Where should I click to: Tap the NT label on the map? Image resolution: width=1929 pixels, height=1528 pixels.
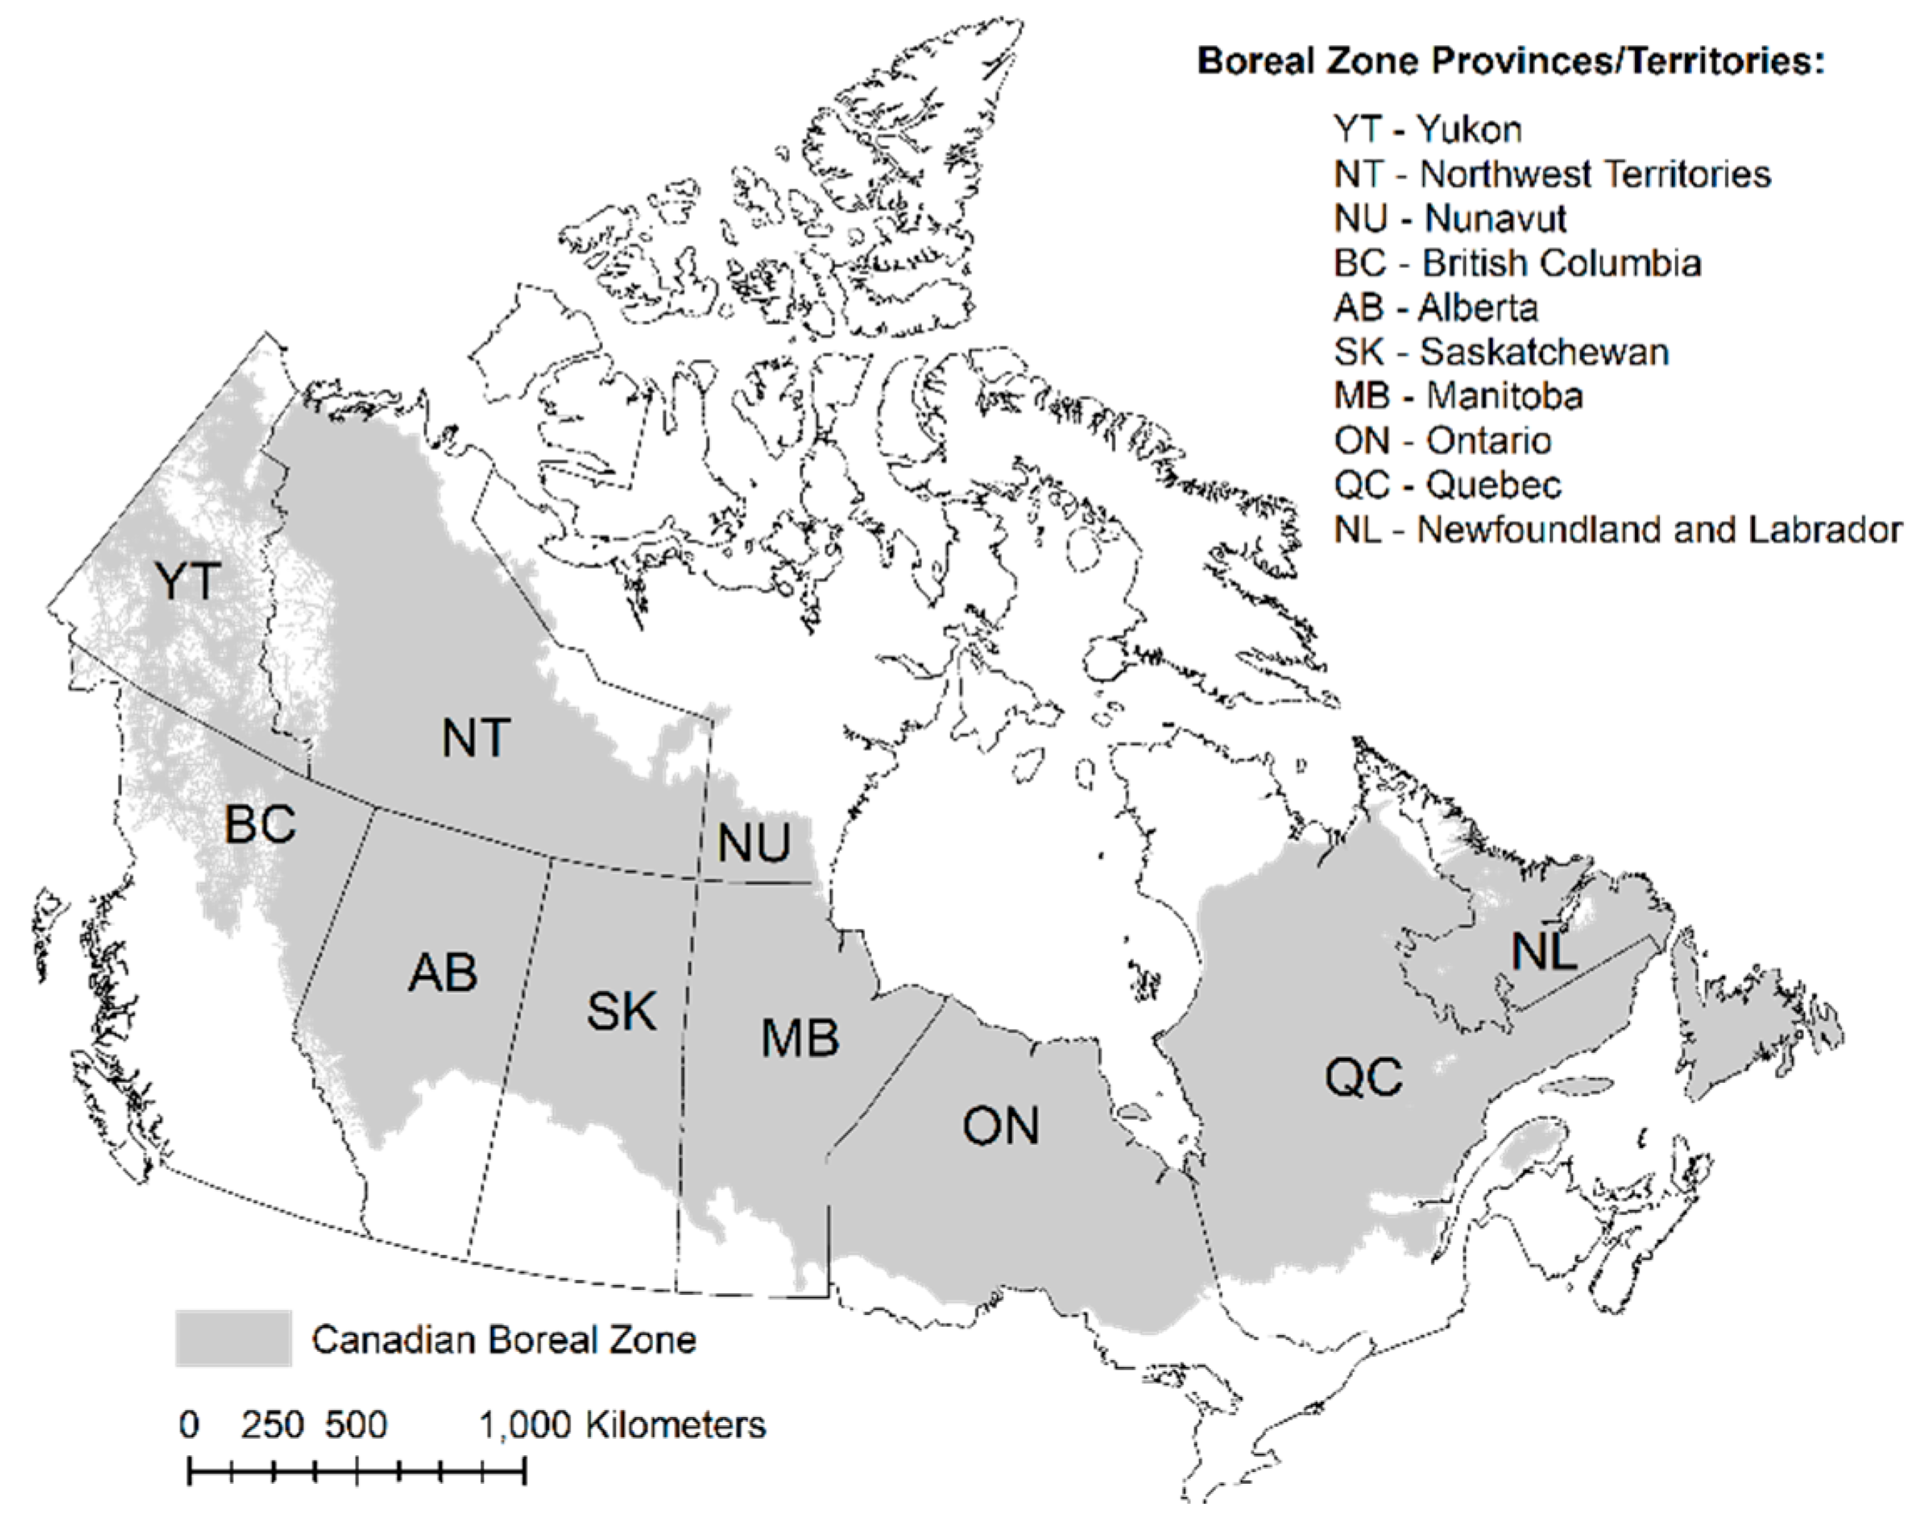tap(476, 738)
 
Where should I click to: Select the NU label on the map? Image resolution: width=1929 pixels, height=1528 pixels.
tap(754, 842)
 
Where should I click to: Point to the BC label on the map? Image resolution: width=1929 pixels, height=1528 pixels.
tap(260, 824)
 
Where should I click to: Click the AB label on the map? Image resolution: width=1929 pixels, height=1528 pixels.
tap(442, 973)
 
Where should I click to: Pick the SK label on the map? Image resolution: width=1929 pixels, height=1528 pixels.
tap(621, 1011)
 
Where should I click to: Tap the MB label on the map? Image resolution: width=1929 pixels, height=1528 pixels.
tap(800, 1038)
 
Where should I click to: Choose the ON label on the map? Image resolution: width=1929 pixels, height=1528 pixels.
tap(1000, 1126)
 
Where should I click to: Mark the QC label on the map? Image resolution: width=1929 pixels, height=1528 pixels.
tap(1364, 1076)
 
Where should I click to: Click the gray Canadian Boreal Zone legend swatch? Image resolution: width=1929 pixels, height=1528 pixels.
tap(234, 1338)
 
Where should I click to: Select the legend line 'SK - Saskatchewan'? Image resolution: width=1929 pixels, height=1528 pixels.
tap(1501, 352)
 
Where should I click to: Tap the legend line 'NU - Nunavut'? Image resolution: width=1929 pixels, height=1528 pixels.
tap(1451, 218)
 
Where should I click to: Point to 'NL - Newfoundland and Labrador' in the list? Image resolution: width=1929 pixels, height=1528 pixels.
tap(1618, 529)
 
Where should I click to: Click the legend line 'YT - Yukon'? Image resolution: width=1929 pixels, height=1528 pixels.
tap(1428, 129)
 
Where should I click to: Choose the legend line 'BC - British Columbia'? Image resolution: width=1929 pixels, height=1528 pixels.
tap(1517, 263)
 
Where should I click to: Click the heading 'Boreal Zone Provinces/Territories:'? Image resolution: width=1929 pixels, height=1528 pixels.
tap(1511, 61)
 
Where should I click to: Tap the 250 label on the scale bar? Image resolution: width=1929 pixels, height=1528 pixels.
tap(272, 1425)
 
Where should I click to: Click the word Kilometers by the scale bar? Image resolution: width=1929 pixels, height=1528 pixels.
tap(676, 1425)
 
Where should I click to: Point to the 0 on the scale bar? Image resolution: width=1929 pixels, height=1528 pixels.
tap(189, 1425)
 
